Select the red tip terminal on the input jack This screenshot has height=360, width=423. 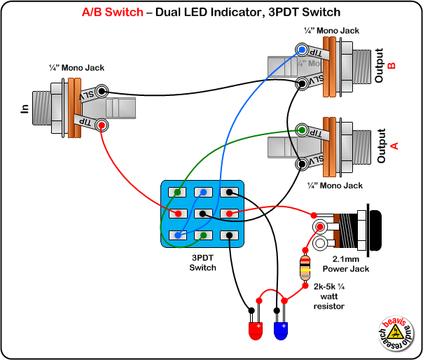102,125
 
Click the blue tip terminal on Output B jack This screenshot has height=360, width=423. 301,50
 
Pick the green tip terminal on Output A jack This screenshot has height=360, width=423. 302,130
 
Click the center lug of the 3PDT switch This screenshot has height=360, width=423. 202,214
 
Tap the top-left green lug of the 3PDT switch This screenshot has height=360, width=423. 179,192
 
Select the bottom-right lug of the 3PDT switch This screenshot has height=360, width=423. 226,236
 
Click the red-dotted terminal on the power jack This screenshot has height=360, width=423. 321,227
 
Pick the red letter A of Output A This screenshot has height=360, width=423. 394,146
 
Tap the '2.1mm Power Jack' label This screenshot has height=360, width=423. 340,264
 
